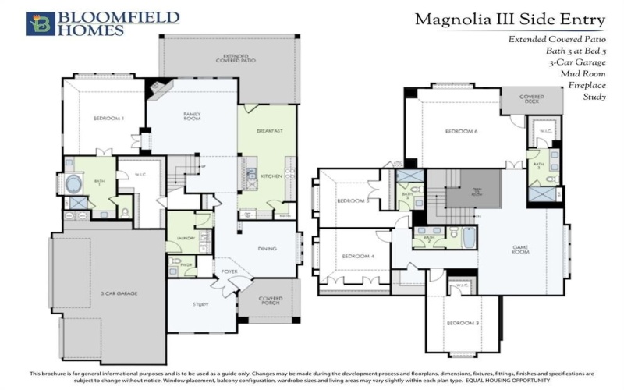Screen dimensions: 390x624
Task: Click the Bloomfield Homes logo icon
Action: point(40,23)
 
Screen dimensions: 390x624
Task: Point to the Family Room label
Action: point(192,116)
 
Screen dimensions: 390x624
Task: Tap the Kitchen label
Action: point(271,177)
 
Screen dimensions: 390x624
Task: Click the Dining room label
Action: point(268,249)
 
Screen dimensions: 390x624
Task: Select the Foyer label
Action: point(229,271)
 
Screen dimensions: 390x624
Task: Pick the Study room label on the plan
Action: point(200,305)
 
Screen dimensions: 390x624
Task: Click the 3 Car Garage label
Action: point(119,293)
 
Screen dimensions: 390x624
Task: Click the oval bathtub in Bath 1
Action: point(73,185)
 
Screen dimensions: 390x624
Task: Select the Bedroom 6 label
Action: point(461,131)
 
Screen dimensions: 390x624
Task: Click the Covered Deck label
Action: point(532,100)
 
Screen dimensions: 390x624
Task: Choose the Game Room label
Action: point(521,250)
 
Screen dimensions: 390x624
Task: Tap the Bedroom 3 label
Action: point(463,324)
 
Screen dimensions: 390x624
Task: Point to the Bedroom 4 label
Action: point(356,256)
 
